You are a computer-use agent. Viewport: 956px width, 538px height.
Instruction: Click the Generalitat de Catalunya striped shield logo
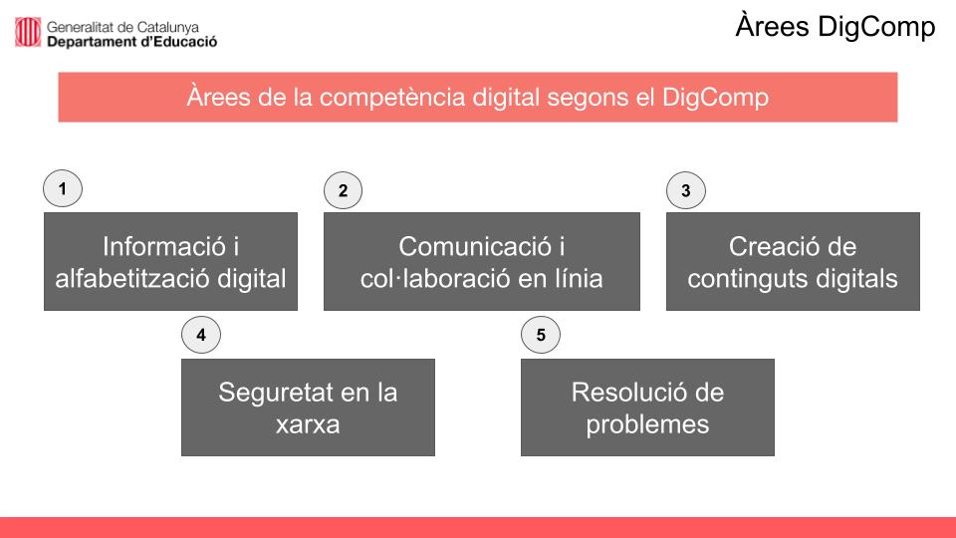[28, 32]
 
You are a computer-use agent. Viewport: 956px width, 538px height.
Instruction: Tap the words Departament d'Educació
[131, 42]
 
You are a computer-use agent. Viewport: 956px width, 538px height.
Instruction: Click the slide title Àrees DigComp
[836, 27]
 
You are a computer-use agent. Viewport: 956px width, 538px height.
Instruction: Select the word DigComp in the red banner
[715, 98]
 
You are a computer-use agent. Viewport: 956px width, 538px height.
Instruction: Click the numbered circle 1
[63, 188]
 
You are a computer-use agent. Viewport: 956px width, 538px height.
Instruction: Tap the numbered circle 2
[344, 190]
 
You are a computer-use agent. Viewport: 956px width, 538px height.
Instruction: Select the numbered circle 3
[686, 190]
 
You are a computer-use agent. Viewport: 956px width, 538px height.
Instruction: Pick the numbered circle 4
[201, 335]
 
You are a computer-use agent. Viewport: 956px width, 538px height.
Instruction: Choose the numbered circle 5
[541, 335]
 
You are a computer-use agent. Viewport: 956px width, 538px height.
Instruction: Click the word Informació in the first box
[164, 247]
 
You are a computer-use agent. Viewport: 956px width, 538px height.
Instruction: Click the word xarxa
[308, 425]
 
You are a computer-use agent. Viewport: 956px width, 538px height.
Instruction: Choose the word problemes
[647, 425]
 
